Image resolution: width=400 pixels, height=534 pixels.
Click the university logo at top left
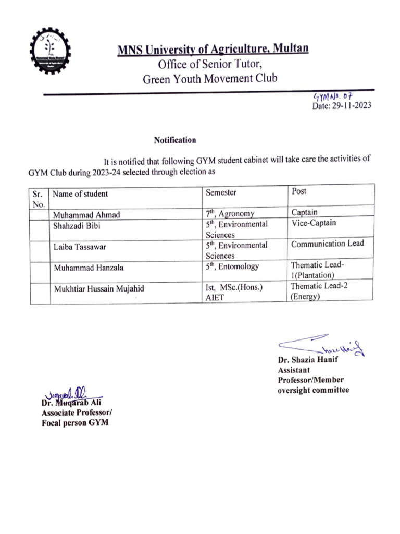pyautogui.click(x=51, y=51)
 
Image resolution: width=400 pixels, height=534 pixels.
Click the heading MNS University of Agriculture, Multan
pyautogui.click(x=213, y=50)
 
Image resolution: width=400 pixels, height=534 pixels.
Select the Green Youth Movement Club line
pyautogui.click(x=210, y=79)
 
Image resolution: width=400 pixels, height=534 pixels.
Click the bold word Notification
pyautogui.click(x=175, y=140)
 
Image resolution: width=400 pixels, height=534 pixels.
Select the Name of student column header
pyautogui.click(x=81, y=194)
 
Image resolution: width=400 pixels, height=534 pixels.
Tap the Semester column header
pyautogui.click(x=221, y=192)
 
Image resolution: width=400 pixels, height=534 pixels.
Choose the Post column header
pyautogui.click(x=299, y=191)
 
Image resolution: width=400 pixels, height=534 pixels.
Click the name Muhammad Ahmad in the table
pyautogui.click(x=86, y=215)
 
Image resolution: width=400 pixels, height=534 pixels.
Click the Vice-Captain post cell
pyautogui.click(x=314, y=223)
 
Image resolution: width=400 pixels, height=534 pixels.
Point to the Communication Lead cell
pyautogui.click(x=328, y=244)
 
